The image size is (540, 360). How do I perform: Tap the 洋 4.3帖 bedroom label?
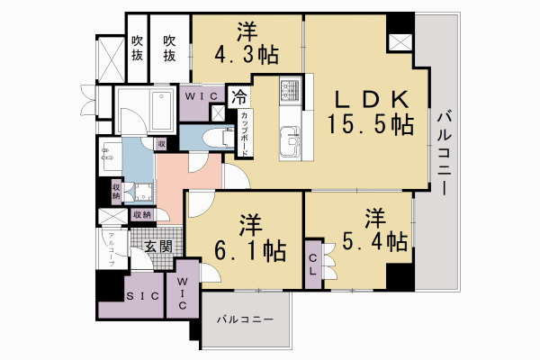tap(245, 44)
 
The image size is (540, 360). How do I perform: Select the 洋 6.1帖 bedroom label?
tap(245, 238)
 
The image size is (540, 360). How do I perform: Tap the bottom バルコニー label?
tap(246, 319)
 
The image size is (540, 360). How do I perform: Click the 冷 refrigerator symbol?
tap(238, 95)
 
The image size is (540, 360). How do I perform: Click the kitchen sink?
tap(292, 141)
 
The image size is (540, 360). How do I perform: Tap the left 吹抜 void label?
tap(138, 47)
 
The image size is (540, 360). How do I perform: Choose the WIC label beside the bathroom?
tap(199, 95)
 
